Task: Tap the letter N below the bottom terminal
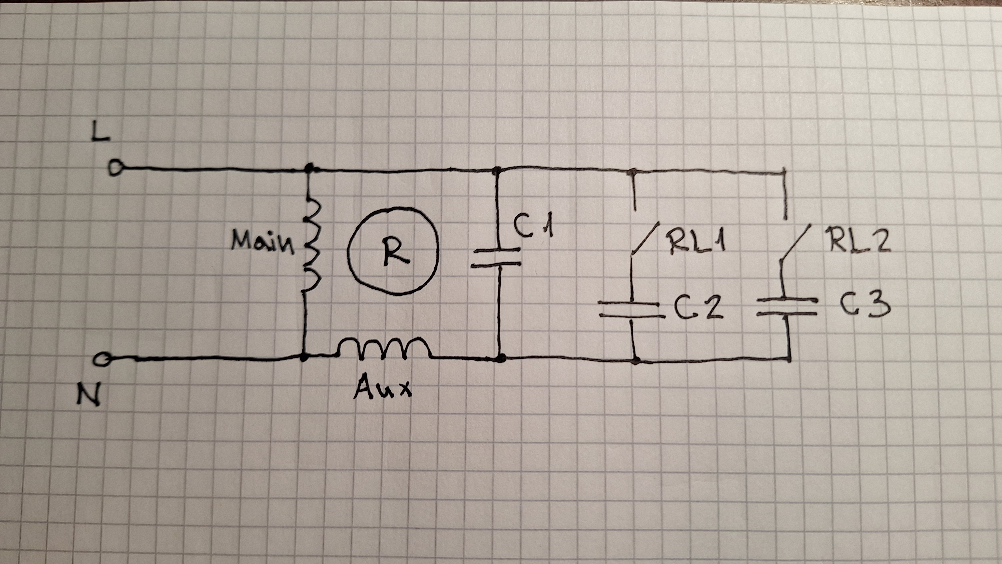tap(89, 393)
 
